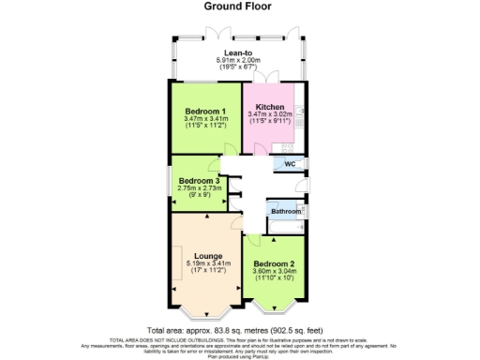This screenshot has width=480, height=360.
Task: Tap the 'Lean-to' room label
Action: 239,53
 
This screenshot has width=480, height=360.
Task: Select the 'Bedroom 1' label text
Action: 204,111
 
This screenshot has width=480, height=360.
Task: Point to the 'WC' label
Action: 290,165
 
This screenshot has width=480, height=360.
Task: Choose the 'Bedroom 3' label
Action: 199,180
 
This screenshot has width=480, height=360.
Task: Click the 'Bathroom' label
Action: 285,212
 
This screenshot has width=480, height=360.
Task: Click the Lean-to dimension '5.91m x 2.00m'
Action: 239,62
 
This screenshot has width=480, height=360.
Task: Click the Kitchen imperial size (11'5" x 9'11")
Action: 271,122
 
